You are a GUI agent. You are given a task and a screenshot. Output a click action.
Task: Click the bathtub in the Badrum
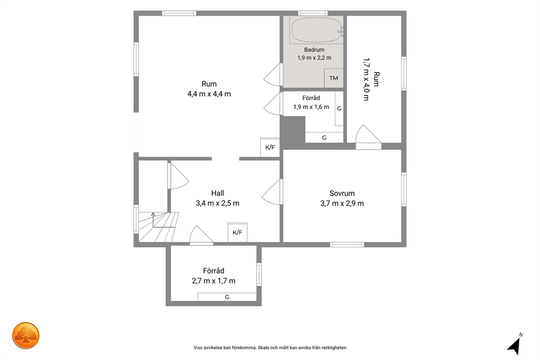(x=316, y=30)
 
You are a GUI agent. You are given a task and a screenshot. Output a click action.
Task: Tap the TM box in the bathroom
(x=333, y=78)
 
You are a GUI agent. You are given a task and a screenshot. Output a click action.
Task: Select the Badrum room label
(x=314, y=50)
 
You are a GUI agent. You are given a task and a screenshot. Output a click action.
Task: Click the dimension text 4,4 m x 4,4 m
(x=209, y=94)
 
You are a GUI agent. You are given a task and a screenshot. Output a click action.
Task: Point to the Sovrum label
(x=342, y=193)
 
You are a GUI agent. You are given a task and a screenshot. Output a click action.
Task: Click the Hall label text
(x=218, y=193)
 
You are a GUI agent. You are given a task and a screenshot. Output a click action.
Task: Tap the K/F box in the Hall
(x=237, y=232)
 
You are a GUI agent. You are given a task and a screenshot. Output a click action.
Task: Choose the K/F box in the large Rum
(x=270, y=147)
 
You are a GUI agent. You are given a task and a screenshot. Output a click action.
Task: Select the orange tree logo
(x=26, y=335)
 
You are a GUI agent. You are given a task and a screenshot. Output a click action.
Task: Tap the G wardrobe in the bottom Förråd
(x=227, y=297)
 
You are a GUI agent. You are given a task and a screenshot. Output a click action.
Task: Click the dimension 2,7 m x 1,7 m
(x=213, y=281)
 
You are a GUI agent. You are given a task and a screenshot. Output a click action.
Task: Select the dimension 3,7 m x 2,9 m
(x=342, y=203)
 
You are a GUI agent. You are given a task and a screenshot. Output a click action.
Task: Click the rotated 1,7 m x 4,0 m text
(x=366, y=79)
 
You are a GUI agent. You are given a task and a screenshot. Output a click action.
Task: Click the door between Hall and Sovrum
(x=272, y=192)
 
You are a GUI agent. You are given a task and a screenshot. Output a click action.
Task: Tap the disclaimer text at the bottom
(x=270, y=347)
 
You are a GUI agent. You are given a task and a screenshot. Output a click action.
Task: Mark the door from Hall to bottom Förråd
(x=201, y=235)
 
